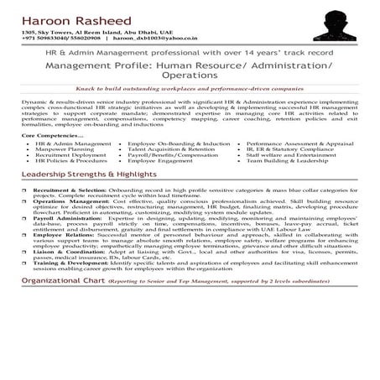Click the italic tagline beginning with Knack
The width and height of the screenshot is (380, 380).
(189, 87)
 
